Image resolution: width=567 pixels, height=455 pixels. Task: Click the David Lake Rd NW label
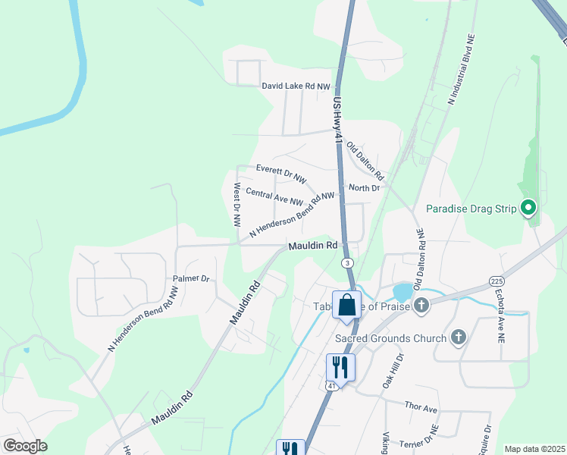pyautogui.click(x=296, y=86)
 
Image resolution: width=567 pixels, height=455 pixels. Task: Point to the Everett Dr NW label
pyautogui.click(x=280, y=174)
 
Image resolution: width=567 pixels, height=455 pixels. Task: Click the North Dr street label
pyautogui.click(x=364, y=187)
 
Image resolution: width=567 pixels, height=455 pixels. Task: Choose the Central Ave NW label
pyautogui.click(x=274, y=197)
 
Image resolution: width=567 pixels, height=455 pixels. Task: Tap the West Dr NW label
pyautogui.click(x=237, y=205)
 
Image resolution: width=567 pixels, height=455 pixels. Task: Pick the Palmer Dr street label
pyautogui.click(x=190, y=278)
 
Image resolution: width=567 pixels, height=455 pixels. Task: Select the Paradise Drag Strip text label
pyautogui.click(x=471, y=209)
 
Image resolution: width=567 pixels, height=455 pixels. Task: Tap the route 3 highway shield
pyautogui.click(x=347, y=262)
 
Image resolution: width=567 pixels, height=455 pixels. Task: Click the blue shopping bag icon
pyautogui.click(x=347, y=305)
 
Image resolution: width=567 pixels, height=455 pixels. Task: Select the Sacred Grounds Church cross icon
pyautogui.click(x=458, y=337)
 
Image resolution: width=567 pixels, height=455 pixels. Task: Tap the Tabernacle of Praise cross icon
pyautogui.click(x=421, y=306)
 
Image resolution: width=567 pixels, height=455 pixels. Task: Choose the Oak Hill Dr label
pyautogui.click(x=395, y=368)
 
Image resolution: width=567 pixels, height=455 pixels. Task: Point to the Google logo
pyautogui.click(x=26, y=446)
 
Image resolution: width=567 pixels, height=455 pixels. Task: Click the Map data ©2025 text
pyautogui.click(x=534, y=449)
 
